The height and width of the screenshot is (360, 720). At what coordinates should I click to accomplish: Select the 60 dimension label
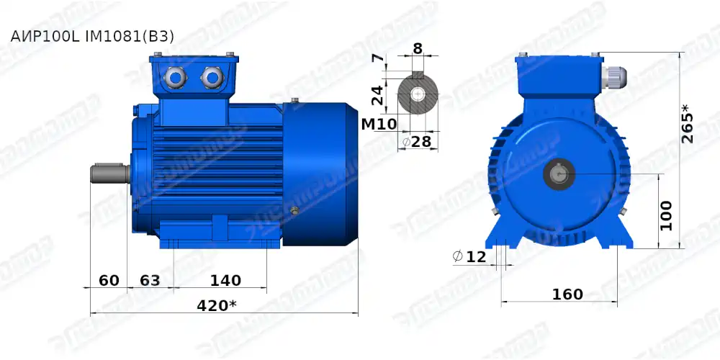pyautogui.click(x=109, y=280)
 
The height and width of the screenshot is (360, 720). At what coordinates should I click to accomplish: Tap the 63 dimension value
pyautogui.click(x=149, y=280)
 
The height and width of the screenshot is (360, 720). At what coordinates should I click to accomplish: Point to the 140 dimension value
pyautogui.click(x=225, y=280)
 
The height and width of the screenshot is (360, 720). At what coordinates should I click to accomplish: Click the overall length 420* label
pyautogui.click(x=217, y=305)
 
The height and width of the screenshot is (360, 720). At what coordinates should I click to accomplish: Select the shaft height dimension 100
pyautogui.click(x=666, y=215)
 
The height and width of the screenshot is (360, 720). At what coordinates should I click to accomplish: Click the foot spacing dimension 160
pyautogui.click(x=567, y=294)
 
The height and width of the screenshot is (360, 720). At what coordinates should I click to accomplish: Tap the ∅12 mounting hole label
pyautogui.click(x=469, y=256)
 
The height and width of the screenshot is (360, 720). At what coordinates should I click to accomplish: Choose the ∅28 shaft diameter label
pyautogui.click(x=417, y=142)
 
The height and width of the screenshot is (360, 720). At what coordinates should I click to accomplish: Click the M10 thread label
pyautogui.click(x=378, y=124)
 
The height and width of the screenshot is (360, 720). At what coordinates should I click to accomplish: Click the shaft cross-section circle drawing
pyautogui.click(x=418, y=94)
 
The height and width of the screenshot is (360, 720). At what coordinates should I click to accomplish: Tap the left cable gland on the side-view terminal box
pyautogui.click(x=175, y=76)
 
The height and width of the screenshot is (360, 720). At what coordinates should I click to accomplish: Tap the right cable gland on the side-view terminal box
pyautogui.click(x=211, y=76)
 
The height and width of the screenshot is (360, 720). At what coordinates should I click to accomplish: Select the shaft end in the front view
pyautogui.click(x=560, y=174)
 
